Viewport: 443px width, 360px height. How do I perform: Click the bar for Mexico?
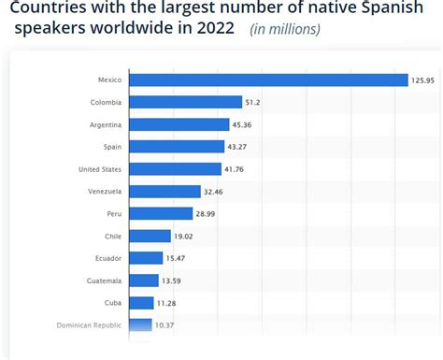[268, 79]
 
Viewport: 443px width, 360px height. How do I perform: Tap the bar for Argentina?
[179, 124]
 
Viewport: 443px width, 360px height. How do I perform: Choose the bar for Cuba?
[141, 303]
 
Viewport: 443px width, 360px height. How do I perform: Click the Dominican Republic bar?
[139, 325]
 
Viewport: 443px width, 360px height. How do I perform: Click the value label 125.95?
[423, 80]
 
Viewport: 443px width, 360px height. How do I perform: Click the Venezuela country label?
[104, 191]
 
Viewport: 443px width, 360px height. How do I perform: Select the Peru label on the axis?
[113, 213]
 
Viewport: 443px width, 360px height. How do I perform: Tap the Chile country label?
[112, 236]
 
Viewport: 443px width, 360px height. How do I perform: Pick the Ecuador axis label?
[107, 258]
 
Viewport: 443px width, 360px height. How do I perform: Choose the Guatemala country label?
[103, 281]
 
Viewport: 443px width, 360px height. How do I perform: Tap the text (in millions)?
[285, 29]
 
